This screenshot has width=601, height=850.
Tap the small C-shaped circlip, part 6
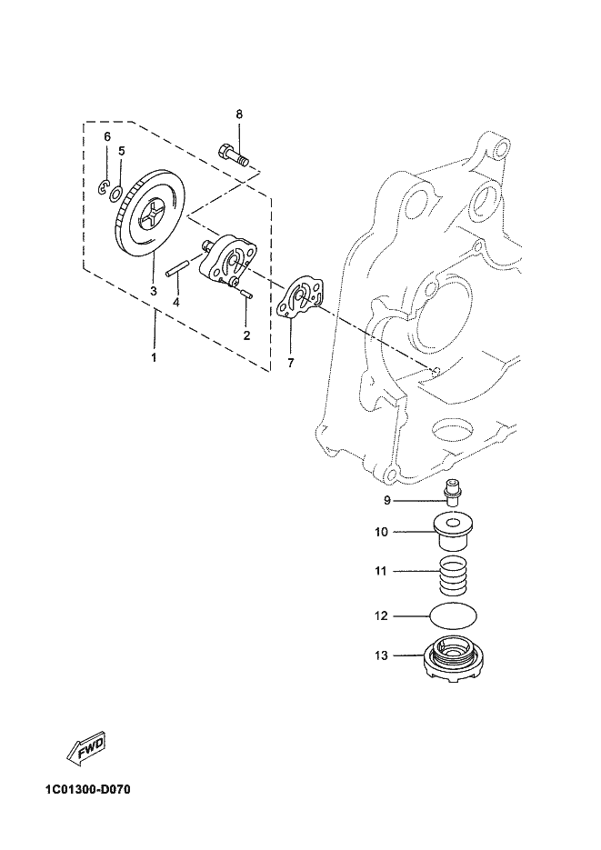pyautogui.click(x=104, y=187)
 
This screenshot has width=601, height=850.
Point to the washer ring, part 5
pyautogui.click(x=116, y=193)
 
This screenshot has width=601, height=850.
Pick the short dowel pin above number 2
pyautogui.click(x=245, y=294)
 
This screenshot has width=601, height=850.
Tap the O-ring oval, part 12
pyautogui.click(x=454, y=615)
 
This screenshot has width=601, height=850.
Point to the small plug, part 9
pyautogui.click(x=451, y=494)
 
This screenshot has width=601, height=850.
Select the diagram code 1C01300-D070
pyautogui.click(x=88, y=789)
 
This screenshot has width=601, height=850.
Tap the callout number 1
pyautogui.click(x=154, y=358)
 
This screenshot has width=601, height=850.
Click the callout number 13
pyautogui.click(x=381, y=656)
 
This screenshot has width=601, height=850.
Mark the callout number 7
pyautogui.click(x=290, y=364)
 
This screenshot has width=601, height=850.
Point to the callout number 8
pyautogui.click(x=239, y=115)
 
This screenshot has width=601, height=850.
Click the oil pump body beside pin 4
pyautogui.click(x=227, y=259)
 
